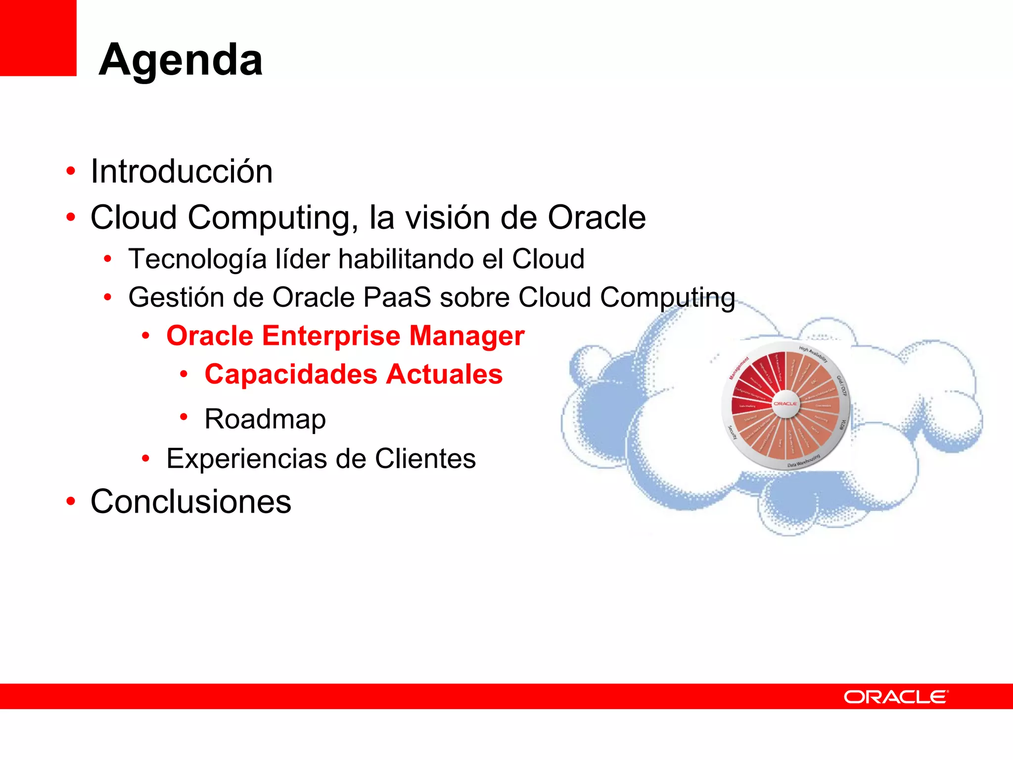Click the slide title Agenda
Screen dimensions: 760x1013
click(x=181, y=60)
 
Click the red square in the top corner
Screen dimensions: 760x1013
click(x=38, y=38)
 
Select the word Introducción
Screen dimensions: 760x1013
click(x=182, y=172)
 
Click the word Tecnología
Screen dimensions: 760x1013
click(x=197, y=259)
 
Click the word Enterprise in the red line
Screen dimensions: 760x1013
click(x=331, y=336)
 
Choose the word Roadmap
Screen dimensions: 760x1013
click(x=265, y=419)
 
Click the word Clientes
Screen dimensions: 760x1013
click(x=425, y=458)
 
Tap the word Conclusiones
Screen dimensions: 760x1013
click(x=191, y=502)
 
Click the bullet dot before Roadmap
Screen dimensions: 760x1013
click(x=184, y=417)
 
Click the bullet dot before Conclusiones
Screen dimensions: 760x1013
click(x=71, y=501)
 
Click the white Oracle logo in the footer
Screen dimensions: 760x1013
click(x=896, y=697)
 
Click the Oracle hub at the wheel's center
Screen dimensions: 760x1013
click(x=785, y=404)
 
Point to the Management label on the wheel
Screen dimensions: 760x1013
click(x=739, y=368)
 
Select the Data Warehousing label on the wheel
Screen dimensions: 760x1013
click(x=804, y=461)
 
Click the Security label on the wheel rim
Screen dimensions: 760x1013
click(x=733, y=432)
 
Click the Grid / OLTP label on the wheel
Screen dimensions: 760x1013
click(x=841, y=386)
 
